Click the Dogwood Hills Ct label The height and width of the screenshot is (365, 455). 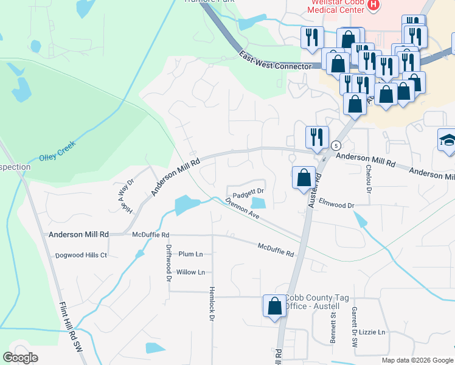pyautogui.click(x=82, y=255)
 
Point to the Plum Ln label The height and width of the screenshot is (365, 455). pyautogui.click(x=190, y=254)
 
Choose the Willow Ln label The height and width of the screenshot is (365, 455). pyautogui.click(x=190, y=272)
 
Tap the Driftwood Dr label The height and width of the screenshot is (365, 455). pyautogui.click(x=169, y=263)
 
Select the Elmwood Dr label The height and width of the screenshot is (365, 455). pyautogui.click(x=336, y=206)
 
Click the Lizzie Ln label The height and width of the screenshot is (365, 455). pyautogui.click(x=373, y=332)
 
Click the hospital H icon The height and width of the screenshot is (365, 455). pyautogui.click(x=374, y=5)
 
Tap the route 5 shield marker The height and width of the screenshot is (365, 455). pyautogui.click(x=336, y=145)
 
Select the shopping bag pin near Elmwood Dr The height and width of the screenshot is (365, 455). pyautogui.click(x=304, y=178)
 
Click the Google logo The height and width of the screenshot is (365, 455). pyautogui.click(x=20, y=358)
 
